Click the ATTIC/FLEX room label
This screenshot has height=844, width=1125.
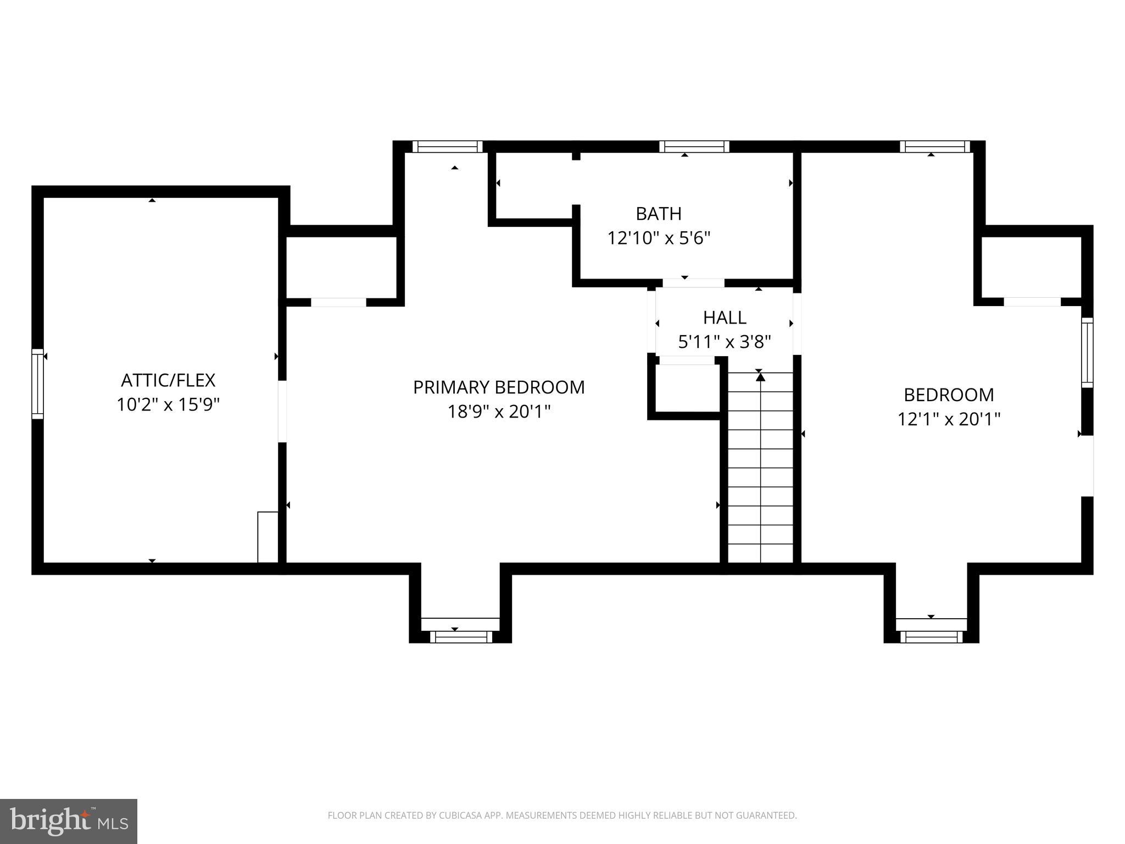tap(168, 380)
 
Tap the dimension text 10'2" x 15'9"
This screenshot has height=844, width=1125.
tap(168, 405)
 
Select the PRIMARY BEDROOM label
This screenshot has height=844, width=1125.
tap(499, 387)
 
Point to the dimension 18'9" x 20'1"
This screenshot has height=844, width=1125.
tap(499, 412)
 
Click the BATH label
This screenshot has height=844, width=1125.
tap(659, 213)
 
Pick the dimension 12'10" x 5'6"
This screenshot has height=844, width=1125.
tap(659, 238)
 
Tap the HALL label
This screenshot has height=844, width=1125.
tap(725, 318)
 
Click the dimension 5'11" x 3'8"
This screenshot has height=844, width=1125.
tap(725, 342)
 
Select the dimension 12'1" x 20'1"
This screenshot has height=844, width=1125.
tap(949, 420)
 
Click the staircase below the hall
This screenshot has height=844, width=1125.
tap(760, 467)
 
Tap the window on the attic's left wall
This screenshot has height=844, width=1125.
tap(37, 384)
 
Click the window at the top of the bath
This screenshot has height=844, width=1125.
tap(694, 146)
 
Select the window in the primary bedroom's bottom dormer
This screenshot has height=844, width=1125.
tap(460, 637)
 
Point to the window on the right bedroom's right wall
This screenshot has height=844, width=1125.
tap(1087, 353)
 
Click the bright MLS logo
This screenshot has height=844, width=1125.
tap(68, 821)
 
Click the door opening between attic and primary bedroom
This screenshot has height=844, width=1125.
tap(282, 411)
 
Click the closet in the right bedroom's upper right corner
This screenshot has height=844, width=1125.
tap(1031, 268)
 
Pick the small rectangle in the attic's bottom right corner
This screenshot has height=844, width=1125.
tap(268, 537)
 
